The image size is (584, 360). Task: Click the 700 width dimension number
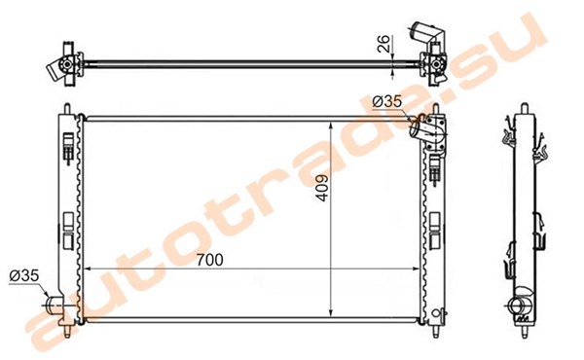[x=209, y=260]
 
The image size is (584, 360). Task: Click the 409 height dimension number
[x=322, y=188]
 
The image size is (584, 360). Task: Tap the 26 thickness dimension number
[x=383, y=43]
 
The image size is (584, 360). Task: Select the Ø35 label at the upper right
[x=387, y=101]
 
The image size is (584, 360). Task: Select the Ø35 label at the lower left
[x=24, y=275]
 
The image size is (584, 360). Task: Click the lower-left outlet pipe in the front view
[x=55, y=306]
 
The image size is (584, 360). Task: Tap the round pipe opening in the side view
[x=518, y=306]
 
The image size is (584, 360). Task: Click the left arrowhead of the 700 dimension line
[x=88, y=269]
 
